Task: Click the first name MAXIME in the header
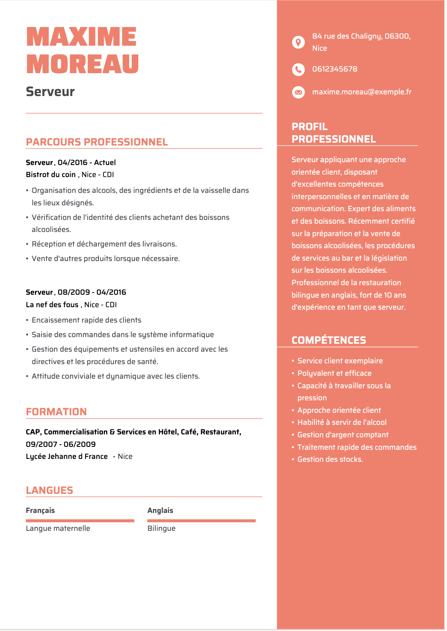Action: coord(81,37)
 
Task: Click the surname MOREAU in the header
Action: coord(82,64)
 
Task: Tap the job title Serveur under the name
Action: coord(50,91)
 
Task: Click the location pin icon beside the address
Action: coord(298,42)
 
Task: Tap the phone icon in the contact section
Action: coord(298,69)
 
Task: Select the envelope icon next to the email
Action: coord(298,92)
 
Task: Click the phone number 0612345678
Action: coord(334,69)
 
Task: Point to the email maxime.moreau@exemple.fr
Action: coord(361,92)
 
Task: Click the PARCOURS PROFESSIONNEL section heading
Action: coord(97,142)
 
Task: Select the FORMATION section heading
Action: coord(56,412)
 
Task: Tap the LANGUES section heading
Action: coord(49,491)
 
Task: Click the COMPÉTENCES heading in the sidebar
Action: coord(329,340)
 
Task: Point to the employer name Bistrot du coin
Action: coord(51,175)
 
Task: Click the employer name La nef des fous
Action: coord(52,305)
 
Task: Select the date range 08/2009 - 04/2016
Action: coord(92,292)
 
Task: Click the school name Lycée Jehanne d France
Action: coord(66,456)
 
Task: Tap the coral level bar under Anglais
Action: coord(201,520)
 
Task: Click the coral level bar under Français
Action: coord(80,520)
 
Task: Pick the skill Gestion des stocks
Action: coord(330,459)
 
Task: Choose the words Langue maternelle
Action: coord(58,528)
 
